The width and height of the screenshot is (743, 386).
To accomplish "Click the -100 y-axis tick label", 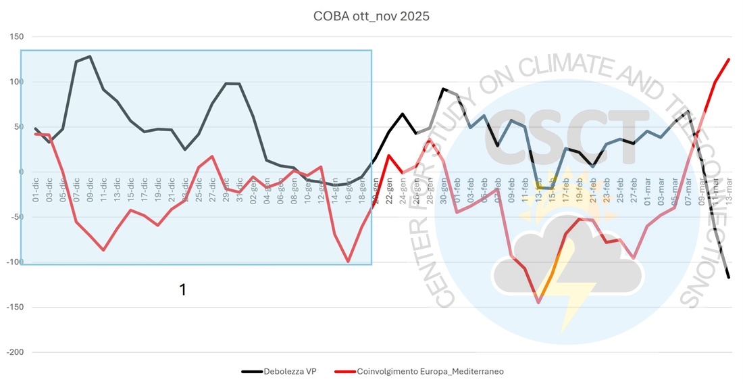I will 14,262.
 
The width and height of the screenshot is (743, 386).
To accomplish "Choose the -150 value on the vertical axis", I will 14,307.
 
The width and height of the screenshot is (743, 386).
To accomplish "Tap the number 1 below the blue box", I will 182,289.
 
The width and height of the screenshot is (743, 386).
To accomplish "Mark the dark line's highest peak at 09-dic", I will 90,56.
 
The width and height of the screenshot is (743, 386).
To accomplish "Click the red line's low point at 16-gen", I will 349,262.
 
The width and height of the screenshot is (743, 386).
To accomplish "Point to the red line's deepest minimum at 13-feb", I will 539,303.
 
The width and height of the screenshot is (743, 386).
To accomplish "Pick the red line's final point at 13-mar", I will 729,59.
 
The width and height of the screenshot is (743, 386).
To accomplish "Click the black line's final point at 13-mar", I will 729,277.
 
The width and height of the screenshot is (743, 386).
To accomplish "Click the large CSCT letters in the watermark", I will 567,135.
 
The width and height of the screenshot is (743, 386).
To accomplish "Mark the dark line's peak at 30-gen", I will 443,89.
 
